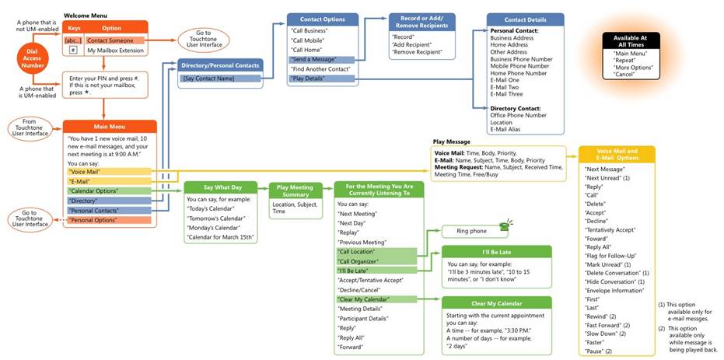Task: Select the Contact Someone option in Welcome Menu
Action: point(115,40)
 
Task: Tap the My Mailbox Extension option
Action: point(115,51)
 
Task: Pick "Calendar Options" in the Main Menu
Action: point(95,190)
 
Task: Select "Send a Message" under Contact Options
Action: point(313,59)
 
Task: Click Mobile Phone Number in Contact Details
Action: point(521,66)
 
